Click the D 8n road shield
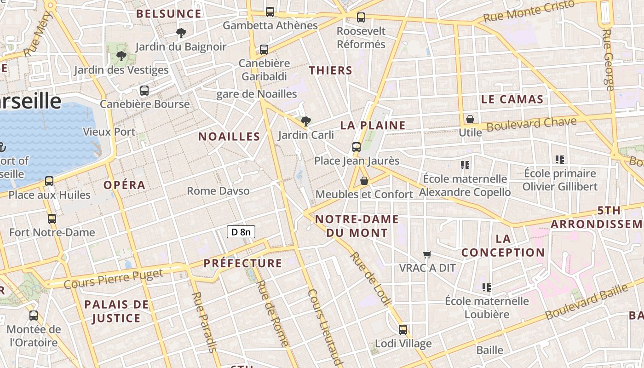pyautogui.click(x=241, y=232)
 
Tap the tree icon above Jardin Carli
pyautogui.click(x=305, y=121)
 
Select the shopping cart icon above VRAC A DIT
pyautogui.click(x=427, y=254)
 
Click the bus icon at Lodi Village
pyautogui.click(x=403, y=330)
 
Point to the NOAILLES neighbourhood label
pyautogui.click(x=229, y=137)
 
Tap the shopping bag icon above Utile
pyautogui.click(x=470, y=119)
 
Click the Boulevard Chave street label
pyautogui.click(x=531, y=124)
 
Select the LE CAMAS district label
pyautogui.click(x=512, y=99)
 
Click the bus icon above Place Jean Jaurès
pyautogui.click(x=356, y=147)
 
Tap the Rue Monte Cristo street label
pyautogui.click(x=529, y=11)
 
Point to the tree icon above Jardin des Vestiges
pyautogui.click(x=121, y=56)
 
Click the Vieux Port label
pyautogui.click(x=109, y=132)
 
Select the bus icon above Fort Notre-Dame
pyautogui.click(x=52, y=219)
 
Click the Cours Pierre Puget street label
pyautogui.click(x=113, y=278)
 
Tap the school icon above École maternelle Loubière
pyautogui.click(x=487, y=287)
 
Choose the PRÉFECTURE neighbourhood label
pyautogui.click(x=242, y=263)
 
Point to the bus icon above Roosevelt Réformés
pyautogui.click(x=361, y=17)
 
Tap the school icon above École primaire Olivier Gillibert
pyautogui.click(x=560, y=160)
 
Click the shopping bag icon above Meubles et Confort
pyautogui.click(x=364, y=181)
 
